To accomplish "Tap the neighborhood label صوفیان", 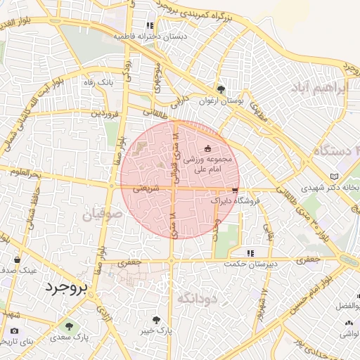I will click(x=103, y=213).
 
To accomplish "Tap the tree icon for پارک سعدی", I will click(x=69, y=326).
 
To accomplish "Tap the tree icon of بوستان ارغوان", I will click(x=221, y=89).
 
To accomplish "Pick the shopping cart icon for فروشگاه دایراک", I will click(x=234, y=190).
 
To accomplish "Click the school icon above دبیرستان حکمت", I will click(x=249, y=253).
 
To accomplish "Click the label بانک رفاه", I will click(x=100, y=82).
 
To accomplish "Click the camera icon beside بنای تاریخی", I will click(x=15, y=330).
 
